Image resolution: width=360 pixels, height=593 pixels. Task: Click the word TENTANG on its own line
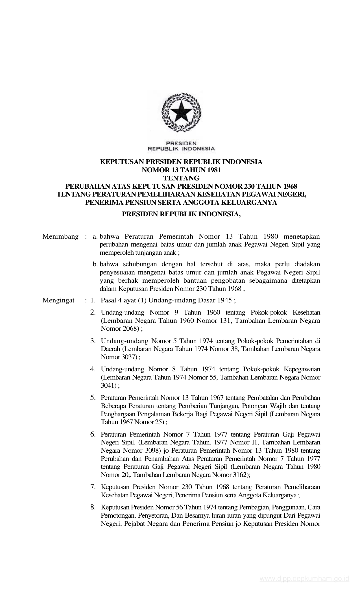click(x=182, y=178)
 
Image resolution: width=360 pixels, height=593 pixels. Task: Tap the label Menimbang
click(x=60, y=237)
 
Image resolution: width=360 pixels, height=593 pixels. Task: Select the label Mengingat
click(x=58, y=300)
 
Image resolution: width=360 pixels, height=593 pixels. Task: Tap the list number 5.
click(x=93, y=398)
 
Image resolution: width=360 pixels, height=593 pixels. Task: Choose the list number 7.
click(x=93, y=487)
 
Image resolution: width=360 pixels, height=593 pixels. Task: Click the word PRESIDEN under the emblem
click(x=182, y=143)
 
